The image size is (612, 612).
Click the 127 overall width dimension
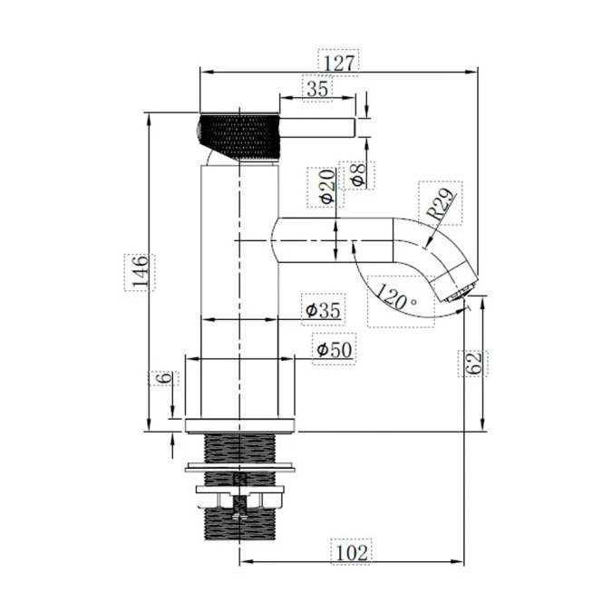[340, 61]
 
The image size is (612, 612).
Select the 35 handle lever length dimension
[316, 89]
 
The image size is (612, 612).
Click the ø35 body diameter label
[325, 311]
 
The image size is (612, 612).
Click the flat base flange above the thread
[241, 425]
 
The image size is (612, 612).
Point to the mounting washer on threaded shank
[241, 468]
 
